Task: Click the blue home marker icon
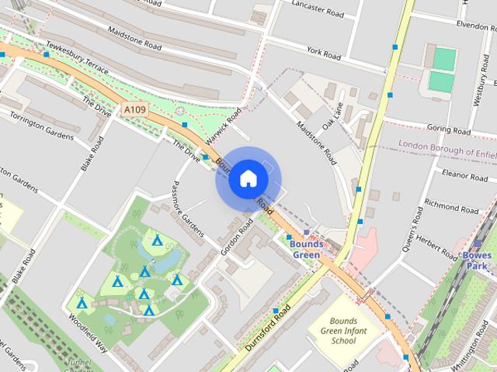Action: tap(248, 179)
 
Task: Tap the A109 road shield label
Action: tap(134, 111)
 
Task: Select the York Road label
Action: tap(324, 53)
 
